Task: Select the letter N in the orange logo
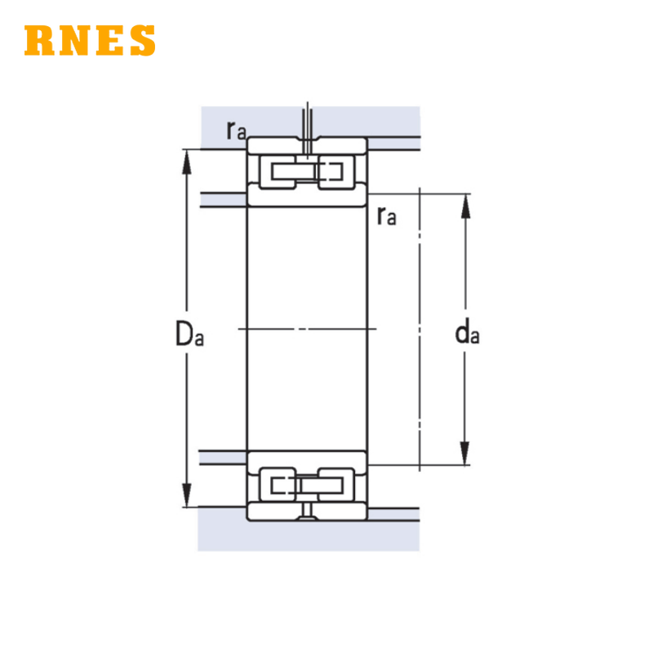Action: pyautogui.click(x=74, y=40)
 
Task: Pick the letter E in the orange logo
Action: pyautogui.click(x=110, y=40)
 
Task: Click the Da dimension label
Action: pyautogui.click(x=189, y=334)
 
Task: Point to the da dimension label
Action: pyautogui.click(x=467, y=331)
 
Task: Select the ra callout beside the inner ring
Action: pyautogui.click(x=386, y=215)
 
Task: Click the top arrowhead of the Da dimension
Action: pyautogui.click(x=187, y=162)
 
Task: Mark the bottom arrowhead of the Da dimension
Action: pyautogui.click(x=187, y=495)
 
